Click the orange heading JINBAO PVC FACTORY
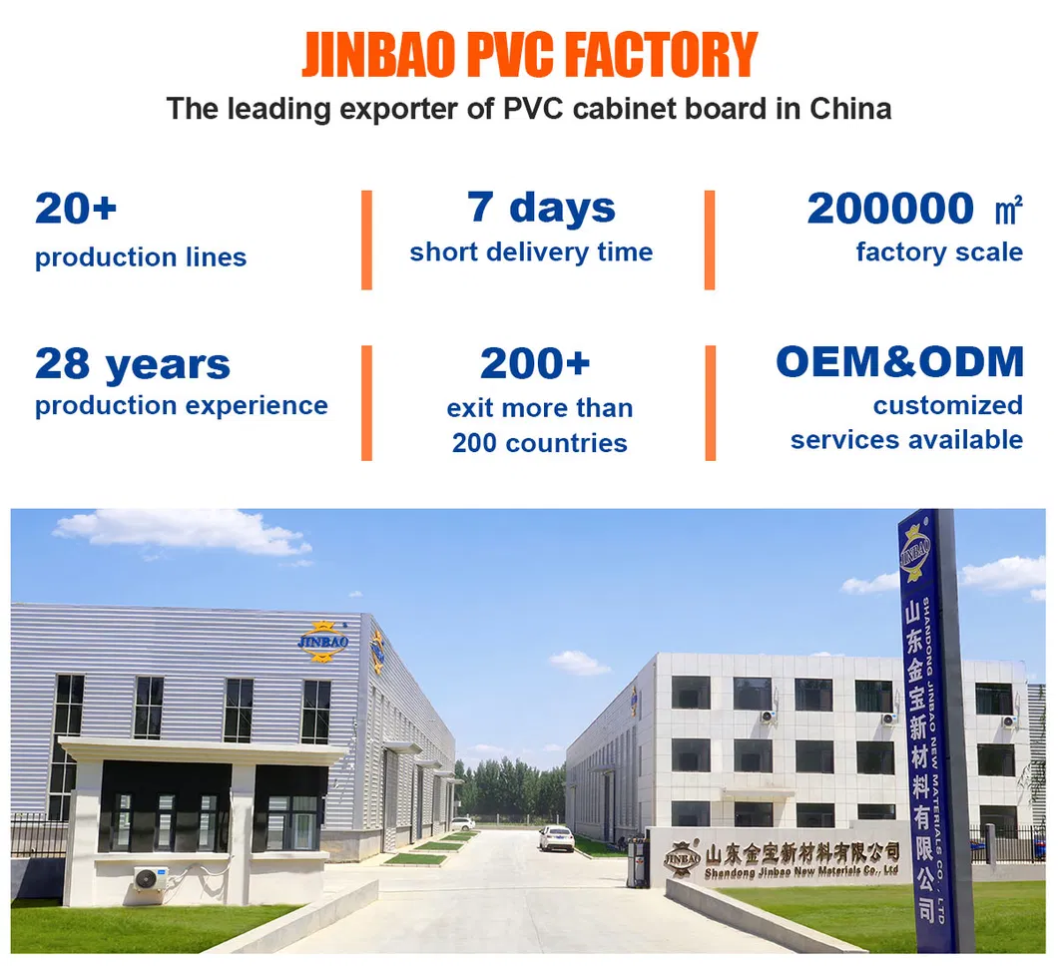pyautogui.click(x=529, y=55)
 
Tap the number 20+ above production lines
pyautogui.click(x=76, y=209)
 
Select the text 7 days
pyautogui.click(x=542, y=208)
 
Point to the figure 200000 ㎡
pyautogui.click(x=914, y=209)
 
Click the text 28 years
pyautogui.click(x=133, y=364)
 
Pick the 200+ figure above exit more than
pyautogui.click(x=535, y=364)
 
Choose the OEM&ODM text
pyautogui.click(x=899, y=361)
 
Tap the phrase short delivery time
pyautogui.click(x=531, y=252)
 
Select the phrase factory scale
pyautogui.click(x=939, y=252)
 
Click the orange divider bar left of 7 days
pyautogui.click(x=366, y=240)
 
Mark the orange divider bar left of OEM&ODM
pyautogui.click(x=710, y=402)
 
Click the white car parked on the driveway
pyautogui.click(x=556, y=838)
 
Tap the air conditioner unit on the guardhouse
pyautogui.click(x=152, y=879)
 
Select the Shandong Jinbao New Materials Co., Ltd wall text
pyautogui.click(x=801, y=872)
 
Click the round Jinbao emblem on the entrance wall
pyautogui.click(x=682, y=857)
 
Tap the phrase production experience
pyautogui.click(x=181, y=405)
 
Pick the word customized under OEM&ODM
pyautogui.click(x=947, y=405)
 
